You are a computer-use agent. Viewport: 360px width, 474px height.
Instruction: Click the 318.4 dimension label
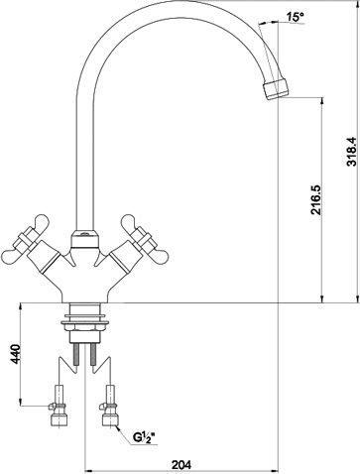click(x=352, y=151)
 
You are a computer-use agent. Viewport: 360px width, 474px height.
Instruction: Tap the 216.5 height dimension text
click(x=315, y=200)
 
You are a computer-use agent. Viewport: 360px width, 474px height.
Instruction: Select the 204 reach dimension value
click(x=181, y=465)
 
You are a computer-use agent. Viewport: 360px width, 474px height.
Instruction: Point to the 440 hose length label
click(x=15, y=354)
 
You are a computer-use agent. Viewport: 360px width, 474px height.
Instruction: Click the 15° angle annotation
click(x=295, y=17)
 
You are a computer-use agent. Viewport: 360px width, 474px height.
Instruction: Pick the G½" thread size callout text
click(x=144, y=437)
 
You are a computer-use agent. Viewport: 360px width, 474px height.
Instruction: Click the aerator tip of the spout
click(x=276, y=88)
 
